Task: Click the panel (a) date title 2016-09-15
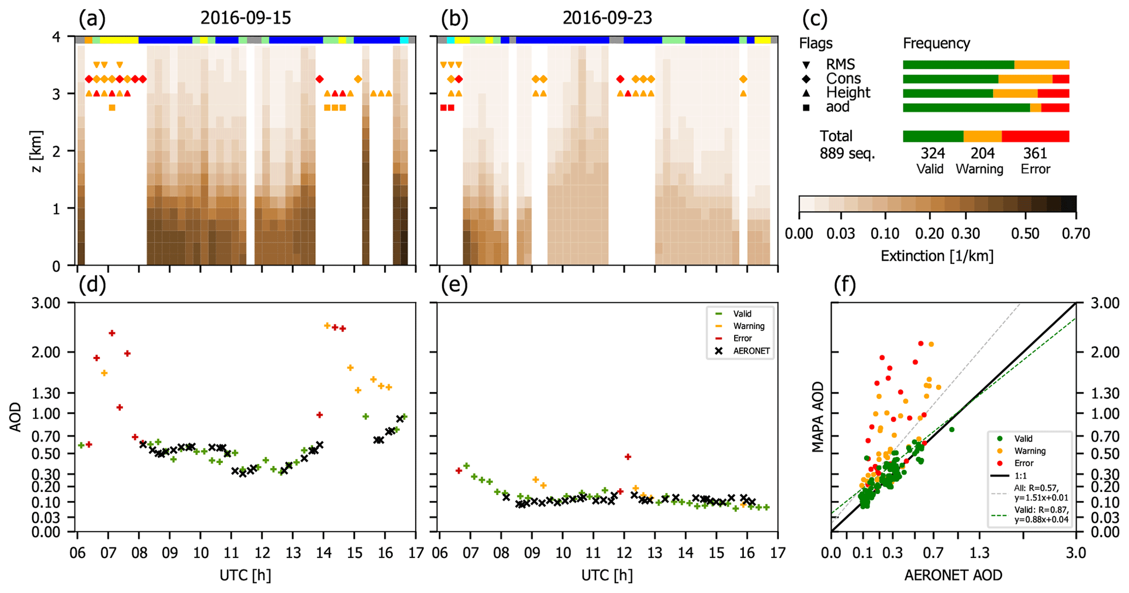coord(245,18)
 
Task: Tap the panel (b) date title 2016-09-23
coord(607,18)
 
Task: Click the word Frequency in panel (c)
coord(936,43)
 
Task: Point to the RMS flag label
coord(840,64)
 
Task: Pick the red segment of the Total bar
coord(1035,136)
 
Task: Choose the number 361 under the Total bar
coord(1035,154)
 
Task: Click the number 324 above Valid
coord(933,154)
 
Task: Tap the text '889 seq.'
coord(847,154)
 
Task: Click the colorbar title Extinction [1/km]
coord(937,256)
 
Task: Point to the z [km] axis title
coord(37,151)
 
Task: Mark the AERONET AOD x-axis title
coord(953,575)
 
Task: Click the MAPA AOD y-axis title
coord(818,416)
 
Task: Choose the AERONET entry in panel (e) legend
coord(751,351)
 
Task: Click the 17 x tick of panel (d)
coord(416,553)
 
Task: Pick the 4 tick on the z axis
coord(63,37)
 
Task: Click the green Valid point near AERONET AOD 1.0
coord(951,430)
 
